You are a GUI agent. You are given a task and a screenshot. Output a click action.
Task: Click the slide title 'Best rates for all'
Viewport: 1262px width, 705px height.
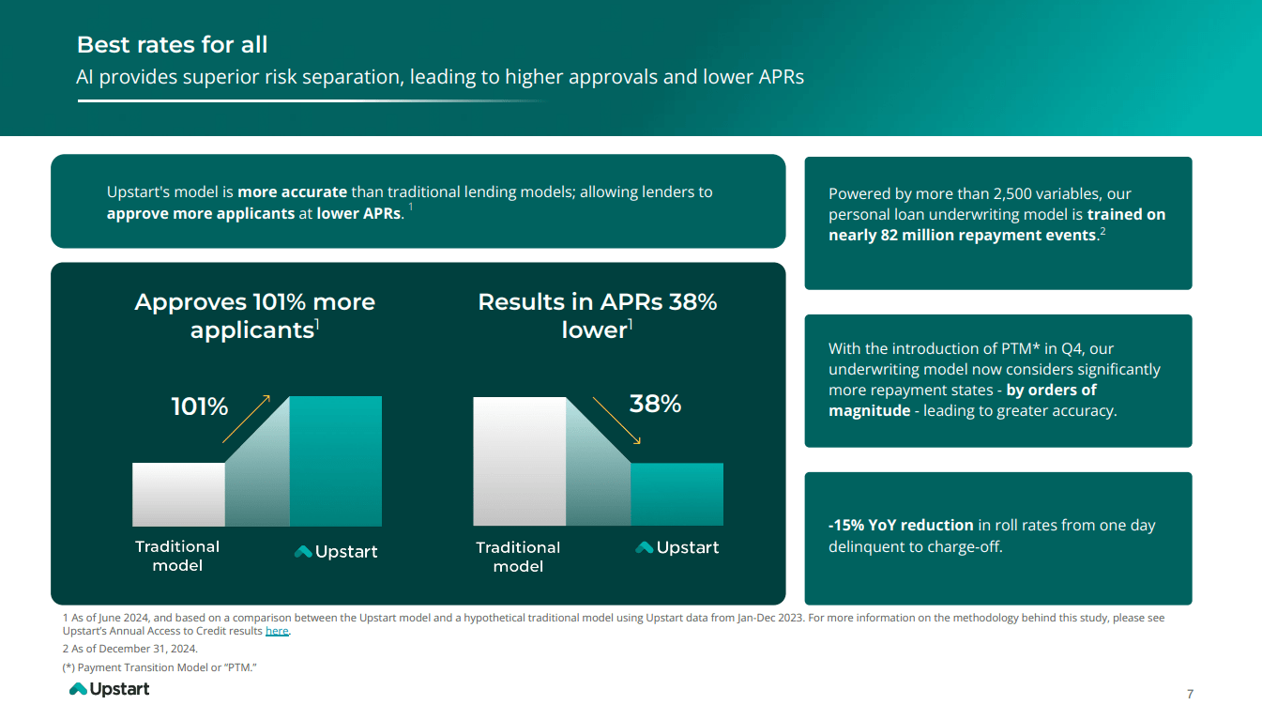coord(172,45)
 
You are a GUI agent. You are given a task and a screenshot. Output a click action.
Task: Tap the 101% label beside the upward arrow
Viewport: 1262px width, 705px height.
coord(199,406)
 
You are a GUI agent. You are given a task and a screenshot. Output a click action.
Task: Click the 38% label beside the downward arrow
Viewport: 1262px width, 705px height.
coord(654,405)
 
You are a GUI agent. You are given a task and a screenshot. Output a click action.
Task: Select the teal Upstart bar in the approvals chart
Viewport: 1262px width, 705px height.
coord(335,460)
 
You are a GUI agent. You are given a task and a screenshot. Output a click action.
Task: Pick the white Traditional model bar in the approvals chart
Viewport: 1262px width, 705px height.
coord(178,494)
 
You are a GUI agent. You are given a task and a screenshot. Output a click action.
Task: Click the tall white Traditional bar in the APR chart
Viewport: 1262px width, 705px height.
coord(519,460)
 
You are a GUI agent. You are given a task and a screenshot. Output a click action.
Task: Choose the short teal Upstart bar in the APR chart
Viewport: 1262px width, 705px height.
coord(676,494)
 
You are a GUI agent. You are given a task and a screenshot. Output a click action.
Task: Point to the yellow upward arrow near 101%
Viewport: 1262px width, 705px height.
coord(246,419)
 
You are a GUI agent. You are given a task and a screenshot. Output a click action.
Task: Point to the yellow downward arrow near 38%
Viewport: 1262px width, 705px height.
coord(616,420)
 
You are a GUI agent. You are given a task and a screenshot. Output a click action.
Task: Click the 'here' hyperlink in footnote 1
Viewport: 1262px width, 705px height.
coord(277,632)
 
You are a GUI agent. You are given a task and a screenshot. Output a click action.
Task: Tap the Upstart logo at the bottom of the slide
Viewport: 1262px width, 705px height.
coord(110,689)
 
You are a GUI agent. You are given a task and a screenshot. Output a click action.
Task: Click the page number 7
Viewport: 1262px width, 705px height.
coord(1190,695)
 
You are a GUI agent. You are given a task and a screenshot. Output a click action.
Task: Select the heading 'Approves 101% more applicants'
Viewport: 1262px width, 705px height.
coord(254,315)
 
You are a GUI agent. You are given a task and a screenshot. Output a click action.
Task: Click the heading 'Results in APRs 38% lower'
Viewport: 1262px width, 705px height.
coord(597,315)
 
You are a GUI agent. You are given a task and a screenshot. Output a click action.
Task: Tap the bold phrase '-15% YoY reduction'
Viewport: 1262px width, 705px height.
coord(901,526)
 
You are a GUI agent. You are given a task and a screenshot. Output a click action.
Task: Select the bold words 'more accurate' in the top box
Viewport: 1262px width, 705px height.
coord(292,192)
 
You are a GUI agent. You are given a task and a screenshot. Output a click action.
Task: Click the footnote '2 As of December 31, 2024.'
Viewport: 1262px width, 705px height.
coord(129,649)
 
